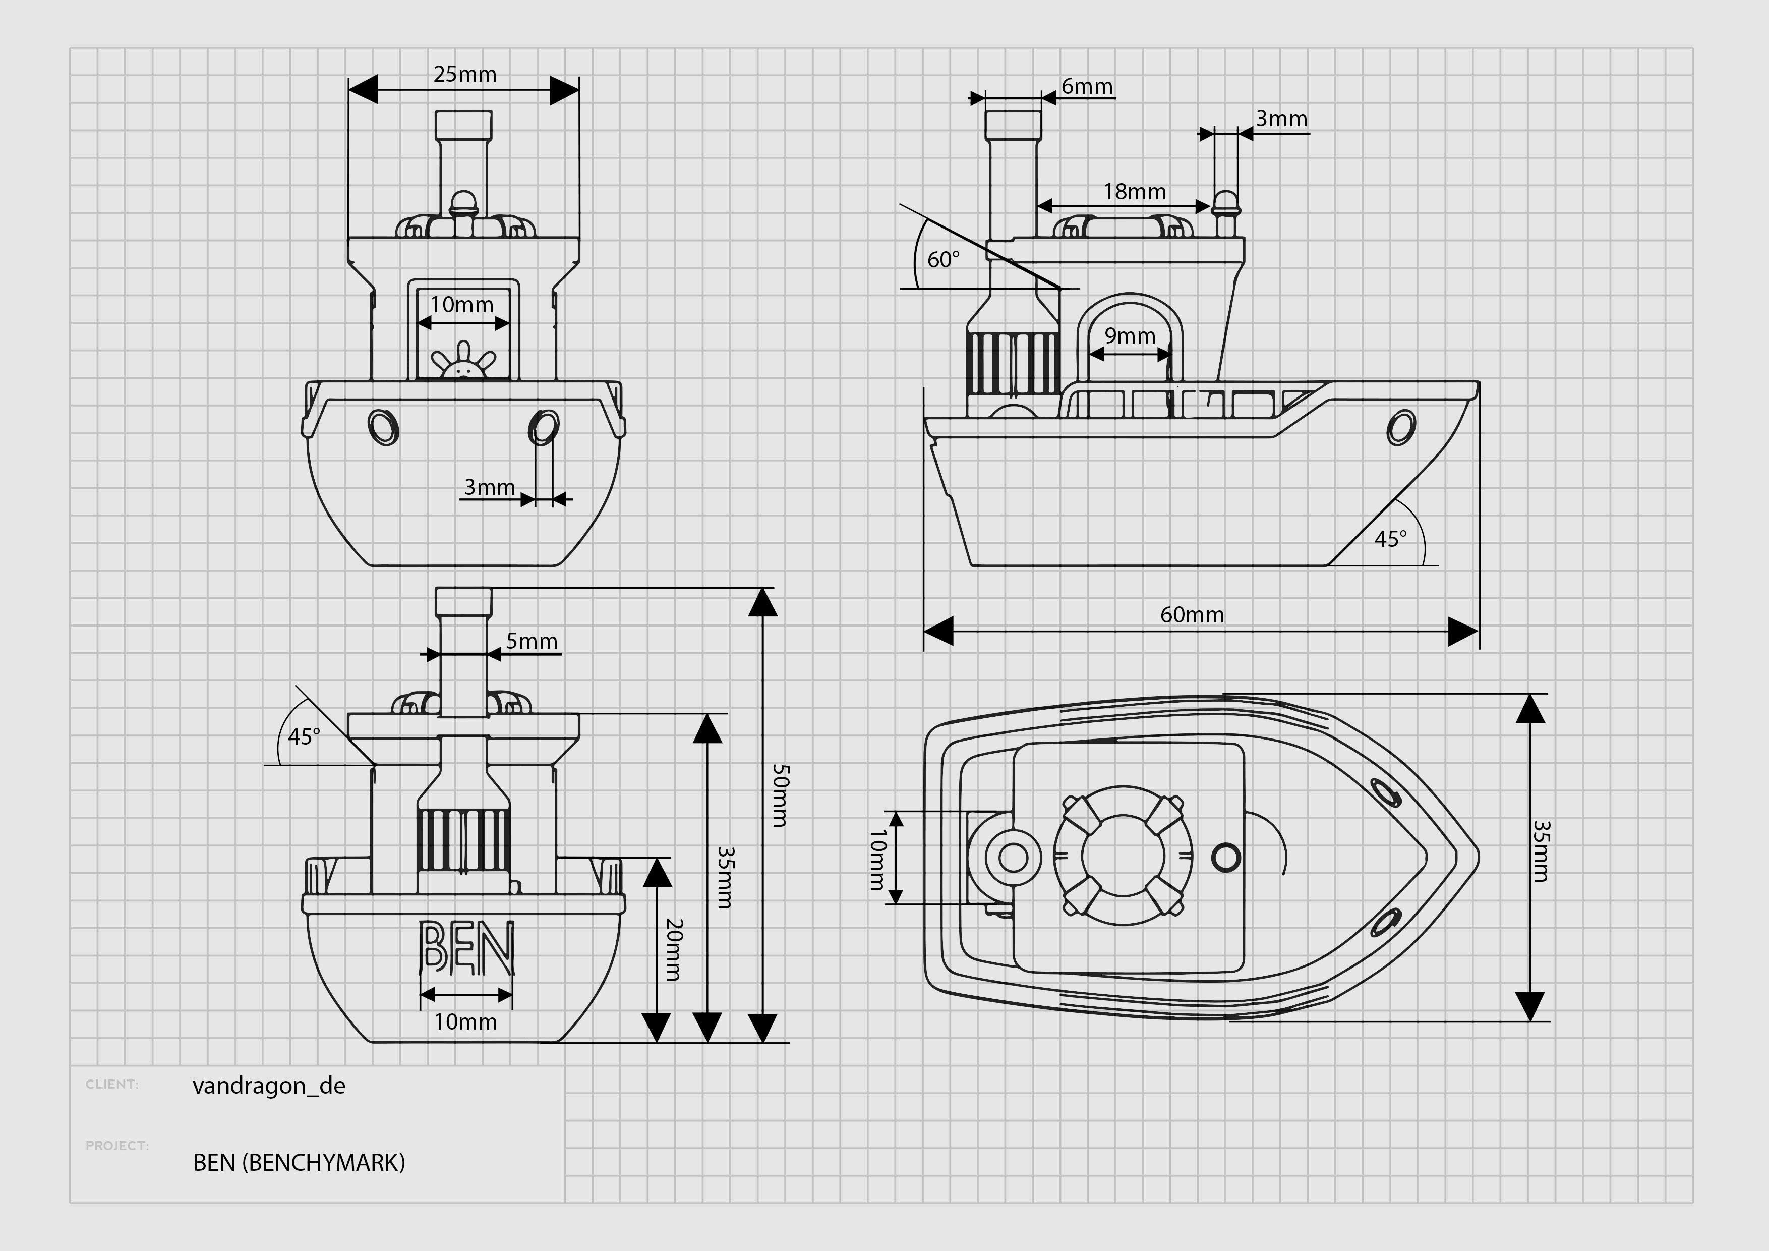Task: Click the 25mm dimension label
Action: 464,74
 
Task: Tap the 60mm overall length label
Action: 1192,614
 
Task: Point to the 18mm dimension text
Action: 1134,191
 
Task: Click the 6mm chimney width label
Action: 1086,86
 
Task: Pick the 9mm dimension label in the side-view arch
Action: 1130,335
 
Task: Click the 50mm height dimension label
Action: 780,795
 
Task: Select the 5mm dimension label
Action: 532,641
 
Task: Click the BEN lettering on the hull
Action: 465,947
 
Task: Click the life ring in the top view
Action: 1123,856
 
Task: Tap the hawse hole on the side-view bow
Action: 1400,427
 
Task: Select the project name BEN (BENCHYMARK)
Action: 299,1162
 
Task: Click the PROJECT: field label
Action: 117,1146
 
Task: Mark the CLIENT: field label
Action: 112,1085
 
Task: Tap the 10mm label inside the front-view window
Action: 461,305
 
